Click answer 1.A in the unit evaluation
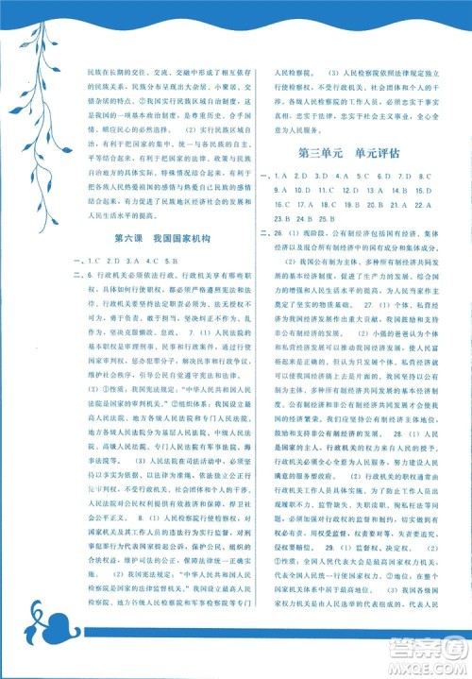(x=281, y=176)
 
